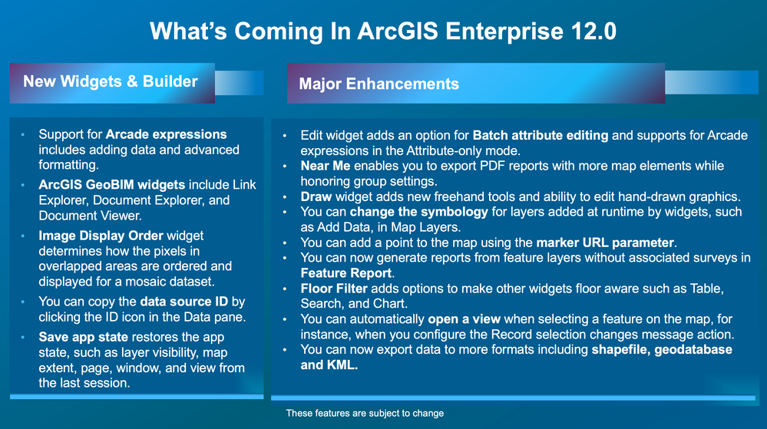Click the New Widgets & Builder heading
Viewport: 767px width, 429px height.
[x=111, y=81]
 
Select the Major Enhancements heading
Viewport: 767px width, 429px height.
[x=379, y=84]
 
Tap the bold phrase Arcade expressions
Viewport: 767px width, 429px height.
[x=167, y=134]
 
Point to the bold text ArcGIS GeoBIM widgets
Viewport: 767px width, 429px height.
[x=112, y=185]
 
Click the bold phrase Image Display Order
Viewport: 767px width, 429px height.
[x=101, y=236]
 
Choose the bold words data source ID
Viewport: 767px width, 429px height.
[x=184, y=302]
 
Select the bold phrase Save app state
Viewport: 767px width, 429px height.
[x=84, y=337]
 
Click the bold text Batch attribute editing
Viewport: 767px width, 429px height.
[x=541, y=136]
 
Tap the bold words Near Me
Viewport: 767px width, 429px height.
[x=326, y=166]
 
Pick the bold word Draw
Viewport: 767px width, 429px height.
[x=316, y=196]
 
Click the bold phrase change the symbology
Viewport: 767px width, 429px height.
[x=418, y=213]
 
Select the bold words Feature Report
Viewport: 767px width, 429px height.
[x=346, y=273]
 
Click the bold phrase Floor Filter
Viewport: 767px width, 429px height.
[x=334, y=289]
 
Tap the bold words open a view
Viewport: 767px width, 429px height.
[x=464, y=319]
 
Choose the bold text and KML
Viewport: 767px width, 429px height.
[x=329, y=365]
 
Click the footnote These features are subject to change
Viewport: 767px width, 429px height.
[x=365, y=414]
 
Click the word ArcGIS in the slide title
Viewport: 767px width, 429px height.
[x=398, y=31]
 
